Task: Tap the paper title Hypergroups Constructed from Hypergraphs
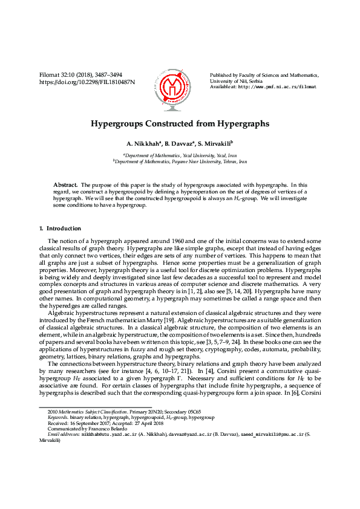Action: (x=180, y=124)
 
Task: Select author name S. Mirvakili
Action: (x=215, y=144)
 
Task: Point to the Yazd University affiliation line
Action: (x=180, y=155)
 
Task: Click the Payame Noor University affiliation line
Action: (x=180, y=162)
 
